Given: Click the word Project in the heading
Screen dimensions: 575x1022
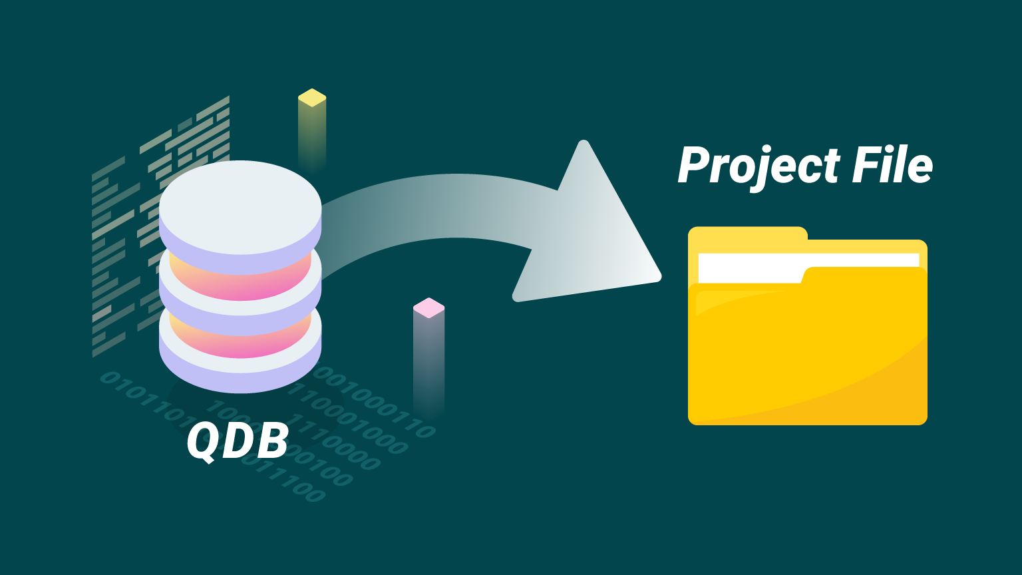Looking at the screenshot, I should tap(757, 166).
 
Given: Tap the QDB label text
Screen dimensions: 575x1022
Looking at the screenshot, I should tap(238, 440).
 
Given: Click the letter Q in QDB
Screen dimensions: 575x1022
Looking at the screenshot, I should tap(202, 441).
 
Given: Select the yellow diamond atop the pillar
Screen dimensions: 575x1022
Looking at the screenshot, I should tap(312, 98).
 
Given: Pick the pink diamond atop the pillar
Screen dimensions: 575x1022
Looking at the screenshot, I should tap(428, 307).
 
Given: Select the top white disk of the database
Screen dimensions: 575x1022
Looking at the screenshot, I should tap(240, 197).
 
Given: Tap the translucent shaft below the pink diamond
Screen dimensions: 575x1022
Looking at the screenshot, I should tap(428, 359).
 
